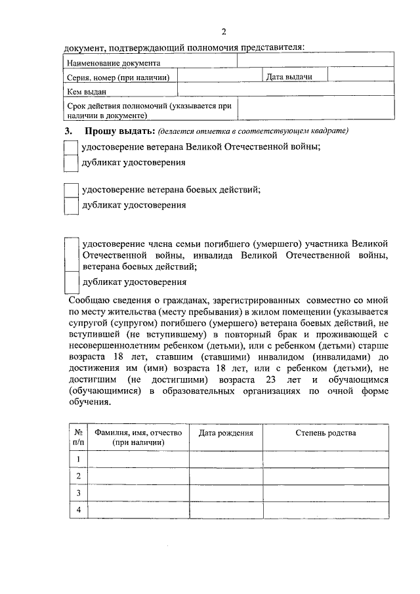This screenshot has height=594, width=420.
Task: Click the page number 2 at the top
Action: click(x=224, y=32)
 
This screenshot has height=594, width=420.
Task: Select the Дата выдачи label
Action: click(x=289, y=77)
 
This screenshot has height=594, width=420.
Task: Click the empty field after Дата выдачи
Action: click(x=360, y=77)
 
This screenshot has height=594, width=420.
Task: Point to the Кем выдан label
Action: click(x=87, y=91)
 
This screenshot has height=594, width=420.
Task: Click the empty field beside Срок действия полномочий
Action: click(x=315, y=109)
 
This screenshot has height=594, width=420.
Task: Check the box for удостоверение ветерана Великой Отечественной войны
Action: click(x=71, y=147)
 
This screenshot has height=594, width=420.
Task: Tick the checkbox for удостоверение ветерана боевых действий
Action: click(x=71, y=190)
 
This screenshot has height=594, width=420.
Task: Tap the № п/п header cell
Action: click(x=78, y=438)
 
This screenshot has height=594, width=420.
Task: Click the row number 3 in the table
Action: click(x=78, y=493)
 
